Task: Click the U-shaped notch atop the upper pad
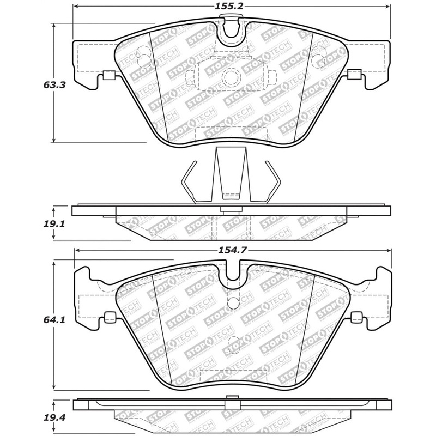[x=233, y=30]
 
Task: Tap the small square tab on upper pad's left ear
[x=108, y=76]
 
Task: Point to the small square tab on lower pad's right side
[x=358, y=316]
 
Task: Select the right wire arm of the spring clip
[x=274, y=180]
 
